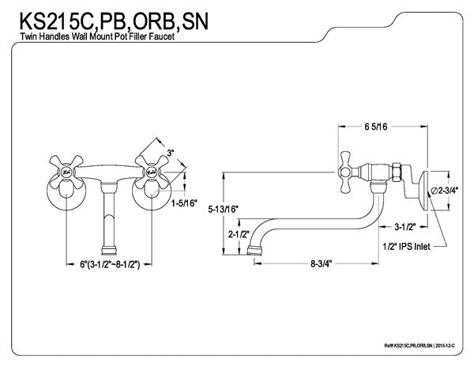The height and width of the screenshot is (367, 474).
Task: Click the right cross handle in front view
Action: click(x=149, y=168)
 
